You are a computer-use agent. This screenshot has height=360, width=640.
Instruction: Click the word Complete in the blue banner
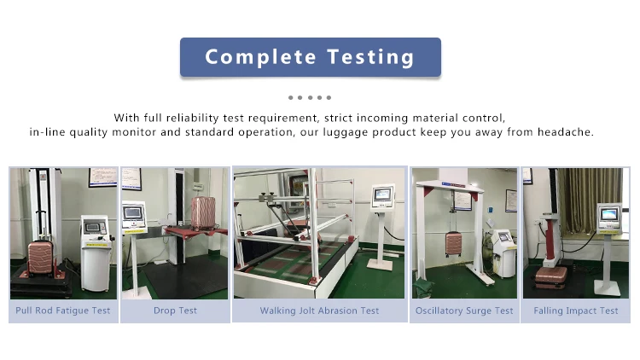click(x=260, y=57)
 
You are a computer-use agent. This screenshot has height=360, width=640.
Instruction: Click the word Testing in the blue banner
click(x=370, y=57)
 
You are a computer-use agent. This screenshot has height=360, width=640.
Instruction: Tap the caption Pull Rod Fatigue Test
click(x=63, y=311)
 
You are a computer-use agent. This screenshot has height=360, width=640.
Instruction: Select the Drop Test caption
click(x=175, y=311)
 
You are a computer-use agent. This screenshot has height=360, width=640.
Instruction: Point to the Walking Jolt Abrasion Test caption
click(x=320, y=311)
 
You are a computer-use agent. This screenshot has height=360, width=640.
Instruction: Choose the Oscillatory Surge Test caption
click(x=464, y=311)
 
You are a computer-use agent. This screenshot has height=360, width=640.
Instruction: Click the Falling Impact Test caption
click(x=575, y=311)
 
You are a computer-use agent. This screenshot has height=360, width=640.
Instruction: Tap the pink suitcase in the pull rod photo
click(x=40, y=257)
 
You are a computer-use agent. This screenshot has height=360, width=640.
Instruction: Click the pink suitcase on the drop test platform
click(x=203, y=212)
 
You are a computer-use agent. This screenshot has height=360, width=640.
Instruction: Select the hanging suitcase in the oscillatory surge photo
click(x=453, y=243)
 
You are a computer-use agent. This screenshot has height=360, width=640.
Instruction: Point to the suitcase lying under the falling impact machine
click(x=551, y=277)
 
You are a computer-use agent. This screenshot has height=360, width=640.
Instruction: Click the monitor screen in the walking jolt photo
click(x=383, y=195)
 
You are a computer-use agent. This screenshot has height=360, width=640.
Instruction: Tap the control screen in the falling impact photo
click(x=609, y=214)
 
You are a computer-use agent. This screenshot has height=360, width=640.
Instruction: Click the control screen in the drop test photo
click(x=134, y=213)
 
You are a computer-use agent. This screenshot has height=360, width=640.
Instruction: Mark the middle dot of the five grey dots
click(x=311, y=97)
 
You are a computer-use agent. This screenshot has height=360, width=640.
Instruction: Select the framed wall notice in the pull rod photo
click(x=103, y=177)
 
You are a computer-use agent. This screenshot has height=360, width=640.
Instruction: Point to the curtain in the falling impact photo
click(x=590, y=200)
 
